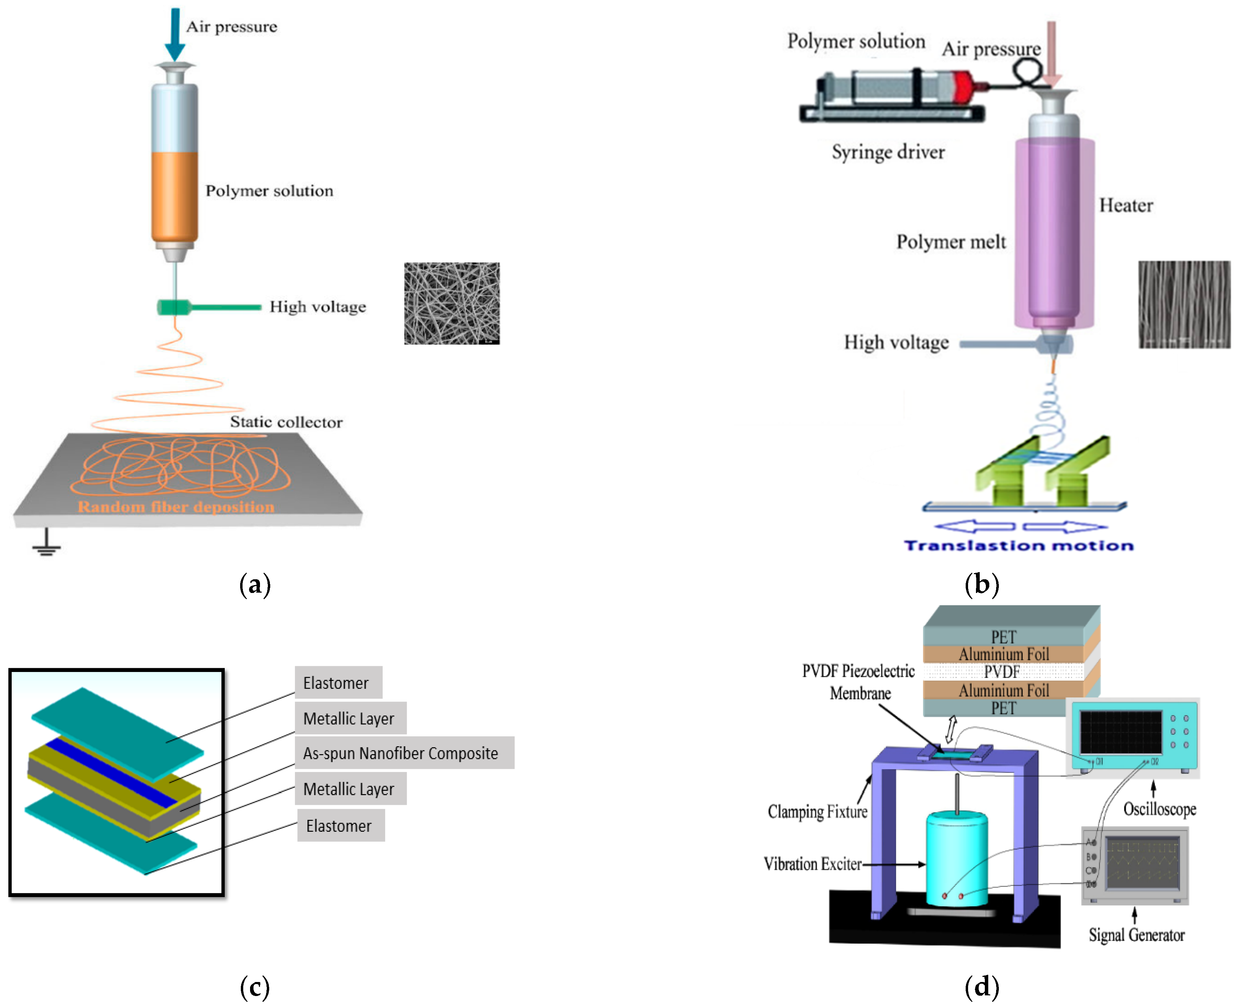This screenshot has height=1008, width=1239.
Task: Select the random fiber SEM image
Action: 452,303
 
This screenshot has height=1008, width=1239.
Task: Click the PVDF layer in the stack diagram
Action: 1002,672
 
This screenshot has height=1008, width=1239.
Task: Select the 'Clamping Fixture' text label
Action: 817,811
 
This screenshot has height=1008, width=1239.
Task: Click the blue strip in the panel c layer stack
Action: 110,772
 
